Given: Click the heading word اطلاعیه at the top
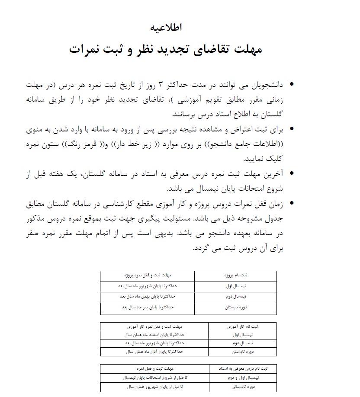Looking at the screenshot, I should click(167, 27).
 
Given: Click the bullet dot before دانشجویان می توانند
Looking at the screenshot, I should click(292, 83).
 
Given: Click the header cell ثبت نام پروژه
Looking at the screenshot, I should click(235, 275).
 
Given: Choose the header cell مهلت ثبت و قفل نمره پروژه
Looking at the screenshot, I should click(147, 275).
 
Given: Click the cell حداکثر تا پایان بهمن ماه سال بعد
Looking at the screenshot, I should click(147, 297).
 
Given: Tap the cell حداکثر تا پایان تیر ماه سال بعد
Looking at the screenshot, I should click(147, 308).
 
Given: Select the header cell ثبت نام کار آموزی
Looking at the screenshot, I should click(242, 326).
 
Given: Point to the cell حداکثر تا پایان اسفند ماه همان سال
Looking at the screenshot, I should click(154, 335).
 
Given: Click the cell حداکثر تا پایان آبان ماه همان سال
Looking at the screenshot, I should click(154, 352).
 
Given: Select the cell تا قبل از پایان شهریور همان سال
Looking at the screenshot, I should click(154, 387).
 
